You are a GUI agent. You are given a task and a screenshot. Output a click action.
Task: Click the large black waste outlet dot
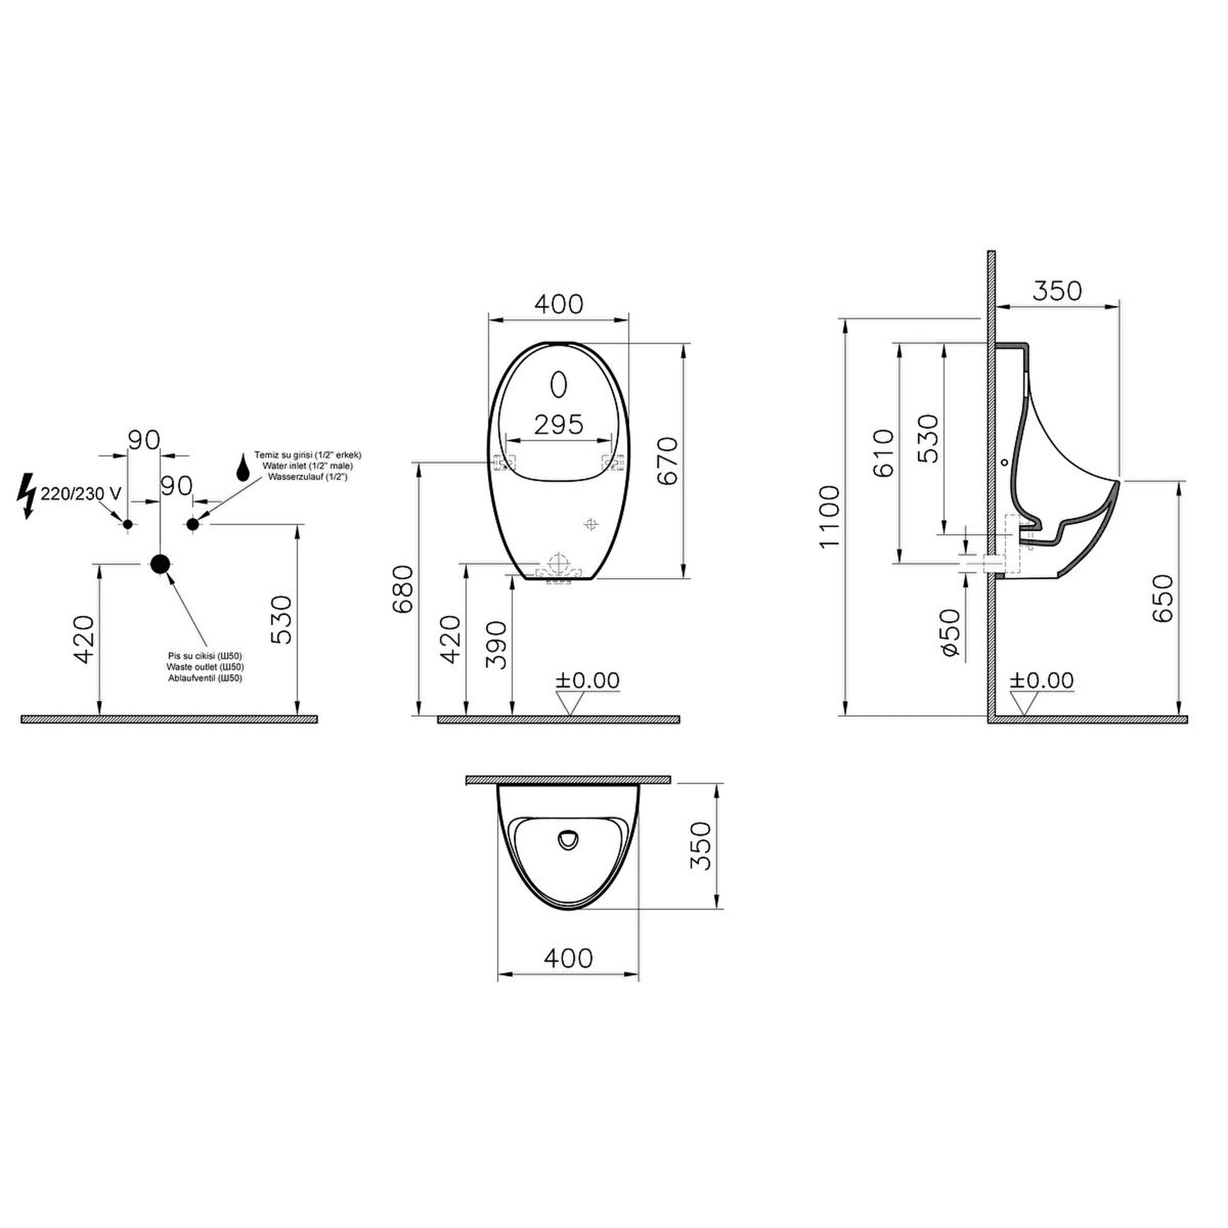click(x=159, y=563)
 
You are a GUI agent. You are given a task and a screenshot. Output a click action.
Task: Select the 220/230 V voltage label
click(x=81, y=493)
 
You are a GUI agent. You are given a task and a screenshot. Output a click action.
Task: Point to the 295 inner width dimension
click(x=558, y=424)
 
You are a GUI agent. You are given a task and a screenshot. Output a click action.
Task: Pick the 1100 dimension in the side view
click(x=829, y=517)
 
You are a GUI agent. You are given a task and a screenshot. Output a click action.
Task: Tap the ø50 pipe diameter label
click(x=950, y=632)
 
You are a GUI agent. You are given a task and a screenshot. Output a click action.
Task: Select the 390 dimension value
click(x=496, y=645)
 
